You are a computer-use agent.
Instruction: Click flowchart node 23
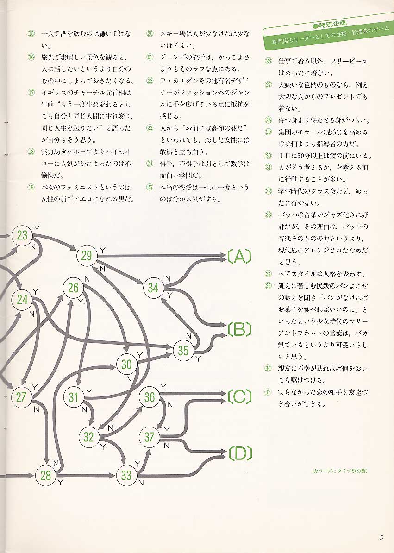22,235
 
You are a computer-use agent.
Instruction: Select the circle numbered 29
87,255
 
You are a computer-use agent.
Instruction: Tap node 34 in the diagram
153,287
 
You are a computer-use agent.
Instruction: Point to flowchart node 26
73,288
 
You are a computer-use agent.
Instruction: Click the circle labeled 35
183,351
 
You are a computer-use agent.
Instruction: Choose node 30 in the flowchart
126,364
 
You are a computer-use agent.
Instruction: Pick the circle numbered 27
20,397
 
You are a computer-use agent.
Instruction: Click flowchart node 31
74,397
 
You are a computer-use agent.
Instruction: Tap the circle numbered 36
149,397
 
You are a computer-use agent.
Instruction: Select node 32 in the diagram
88,437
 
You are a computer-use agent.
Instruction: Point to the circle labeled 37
149,437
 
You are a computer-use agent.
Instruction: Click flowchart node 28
45,475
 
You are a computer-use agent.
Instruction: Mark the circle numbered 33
126,475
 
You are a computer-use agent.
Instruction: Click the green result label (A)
239,256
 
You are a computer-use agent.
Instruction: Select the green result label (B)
239,329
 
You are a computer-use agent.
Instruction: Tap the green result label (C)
239,397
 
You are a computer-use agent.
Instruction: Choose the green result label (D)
239,454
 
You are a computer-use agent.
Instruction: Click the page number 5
381,538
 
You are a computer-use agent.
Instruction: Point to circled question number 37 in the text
268,392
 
